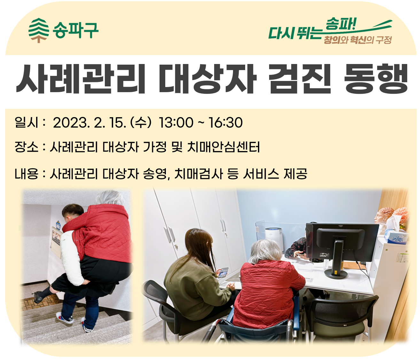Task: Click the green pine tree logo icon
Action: (x=39, y=30)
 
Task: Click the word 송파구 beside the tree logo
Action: (x=75, y=30)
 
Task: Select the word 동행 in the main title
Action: (x=376, y=79)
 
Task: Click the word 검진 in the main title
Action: (x=300, y=79)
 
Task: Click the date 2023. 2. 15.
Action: (x=89, y=123)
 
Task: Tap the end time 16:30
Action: (x=226, y=123)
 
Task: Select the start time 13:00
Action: (x=176, y=123)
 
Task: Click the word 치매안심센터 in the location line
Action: (x=223, y=147)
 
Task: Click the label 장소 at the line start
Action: (x=27, y=147)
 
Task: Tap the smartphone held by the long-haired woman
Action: (x=223, y=273)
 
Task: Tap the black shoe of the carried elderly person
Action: (x=38, y=298)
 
